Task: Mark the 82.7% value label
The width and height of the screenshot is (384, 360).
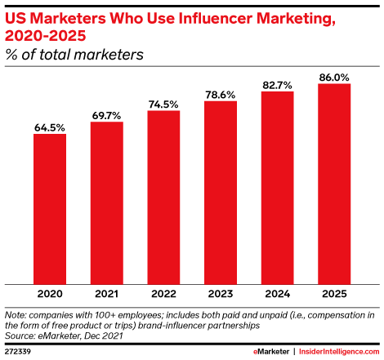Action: [277, 84]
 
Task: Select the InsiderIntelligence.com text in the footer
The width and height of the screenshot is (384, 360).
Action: [339, 349]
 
